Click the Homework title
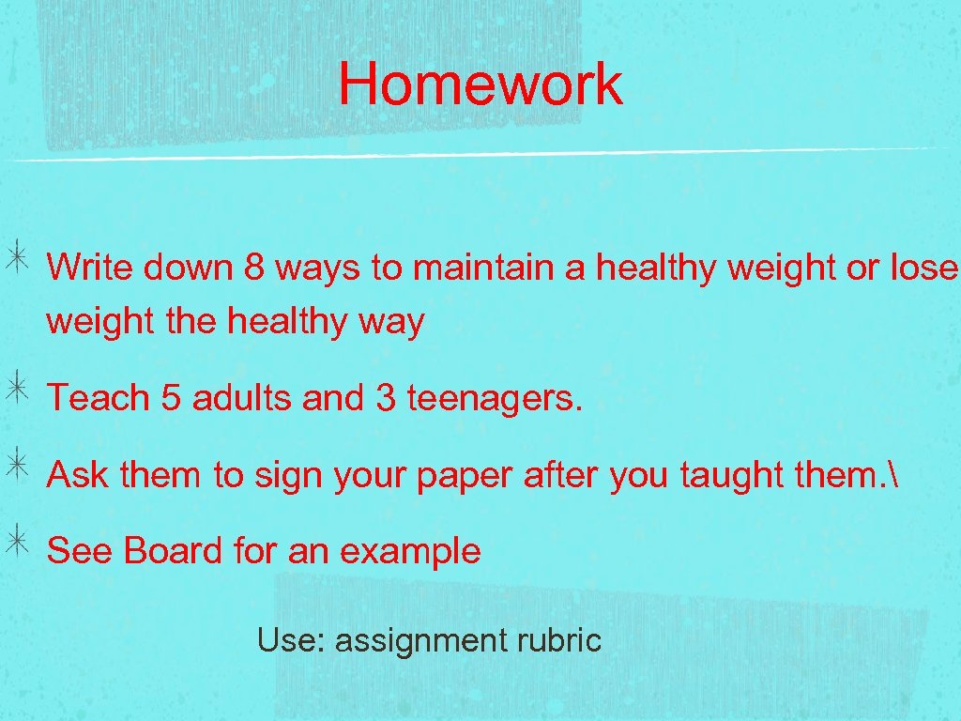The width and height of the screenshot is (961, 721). pos(480,84)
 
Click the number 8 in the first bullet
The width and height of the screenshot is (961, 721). pos(252,268)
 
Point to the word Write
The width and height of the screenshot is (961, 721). pos(92,268)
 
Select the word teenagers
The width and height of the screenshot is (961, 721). pos(496,399)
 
